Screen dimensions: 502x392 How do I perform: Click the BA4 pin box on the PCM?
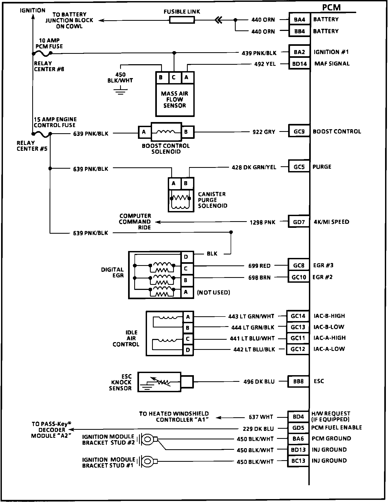pyautogui.click(x=299, y=19)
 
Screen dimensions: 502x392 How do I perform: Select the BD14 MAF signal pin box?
pyautogui.click(x=299, y=64)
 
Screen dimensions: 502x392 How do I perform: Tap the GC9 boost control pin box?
pyautogui.click(x=299, y=131)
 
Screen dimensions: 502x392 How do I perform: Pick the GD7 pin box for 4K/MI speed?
pyautogui.click(x=299, y=222)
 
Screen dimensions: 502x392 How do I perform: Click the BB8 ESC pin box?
pyautogui.click(x=298, y=381)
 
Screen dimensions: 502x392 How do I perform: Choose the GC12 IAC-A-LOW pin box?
pyautogui.click(x=297, y=349)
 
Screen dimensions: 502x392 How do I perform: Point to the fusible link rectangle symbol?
pyautogui.click(x=182, y=20)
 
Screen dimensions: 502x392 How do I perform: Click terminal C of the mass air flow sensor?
pyautogui.click(x=174, y=78)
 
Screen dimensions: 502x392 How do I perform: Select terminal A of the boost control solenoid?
pyautogui.click(x=144, y=132)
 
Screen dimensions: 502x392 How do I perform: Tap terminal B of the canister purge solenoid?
pyautogui.click(x=186, y=183)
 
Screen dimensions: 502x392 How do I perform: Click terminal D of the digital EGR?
pyautogui.click(x=186, y=257)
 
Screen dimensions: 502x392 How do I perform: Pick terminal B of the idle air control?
pyautogui.click(x=188, y=328)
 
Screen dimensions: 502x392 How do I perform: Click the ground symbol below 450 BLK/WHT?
pyautogui.click(x=120, y=92)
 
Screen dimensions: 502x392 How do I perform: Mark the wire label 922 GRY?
pyautogui.click(x=264, y=132)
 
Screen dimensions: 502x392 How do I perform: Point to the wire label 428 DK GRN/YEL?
pyautogui.click(x=254, y=167)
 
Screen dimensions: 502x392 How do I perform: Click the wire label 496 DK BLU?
pyautogui.click(x=259, y=382)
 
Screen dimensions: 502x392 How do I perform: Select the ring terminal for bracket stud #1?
pyautogui.click(x=147, y=461)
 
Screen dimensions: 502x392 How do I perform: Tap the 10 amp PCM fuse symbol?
pyautogui.click(x=42, y=54)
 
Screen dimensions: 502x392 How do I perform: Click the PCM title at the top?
pyautogui.click(x=331, y=7)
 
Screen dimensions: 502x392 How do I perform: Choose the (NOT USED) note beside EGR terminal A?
pyautogui.click(x=213, y=292)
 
